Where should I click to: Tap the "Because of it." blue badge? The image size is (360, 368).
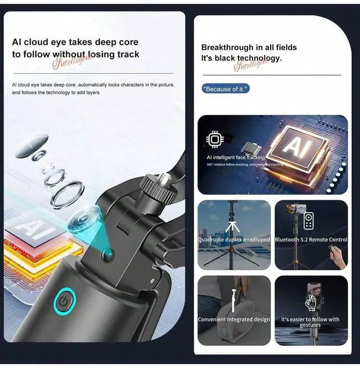[x=226, y=89]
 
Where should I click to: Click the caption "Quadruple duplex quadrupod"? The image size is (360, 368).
[x=234, y=240]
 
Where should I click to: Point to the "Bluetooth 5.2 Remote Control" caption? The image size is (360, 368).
[x=311, y=240]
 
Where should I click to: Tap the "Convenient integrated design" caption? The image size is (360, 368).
[x=234, y=320]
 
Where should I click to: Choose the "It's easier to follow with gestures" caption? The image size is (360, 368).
[x=310, y=322]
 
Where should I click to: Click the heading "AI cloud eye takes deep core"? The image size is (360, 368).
[x=75, y=42]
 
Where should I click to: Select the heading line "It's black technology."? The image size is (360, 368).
[x=241, y=58]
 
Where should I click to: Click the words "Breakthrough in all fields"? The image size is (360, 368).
[x=249, y=47]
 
